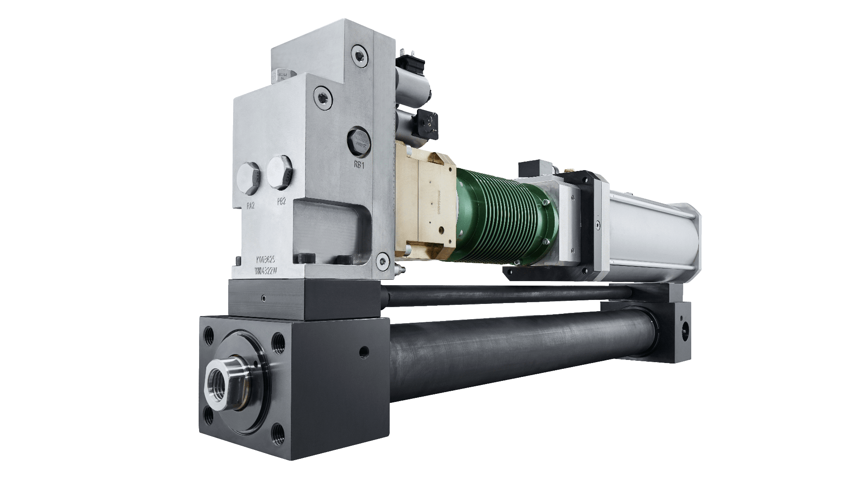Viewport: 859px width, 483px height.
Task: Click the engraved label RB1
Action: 359,165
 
